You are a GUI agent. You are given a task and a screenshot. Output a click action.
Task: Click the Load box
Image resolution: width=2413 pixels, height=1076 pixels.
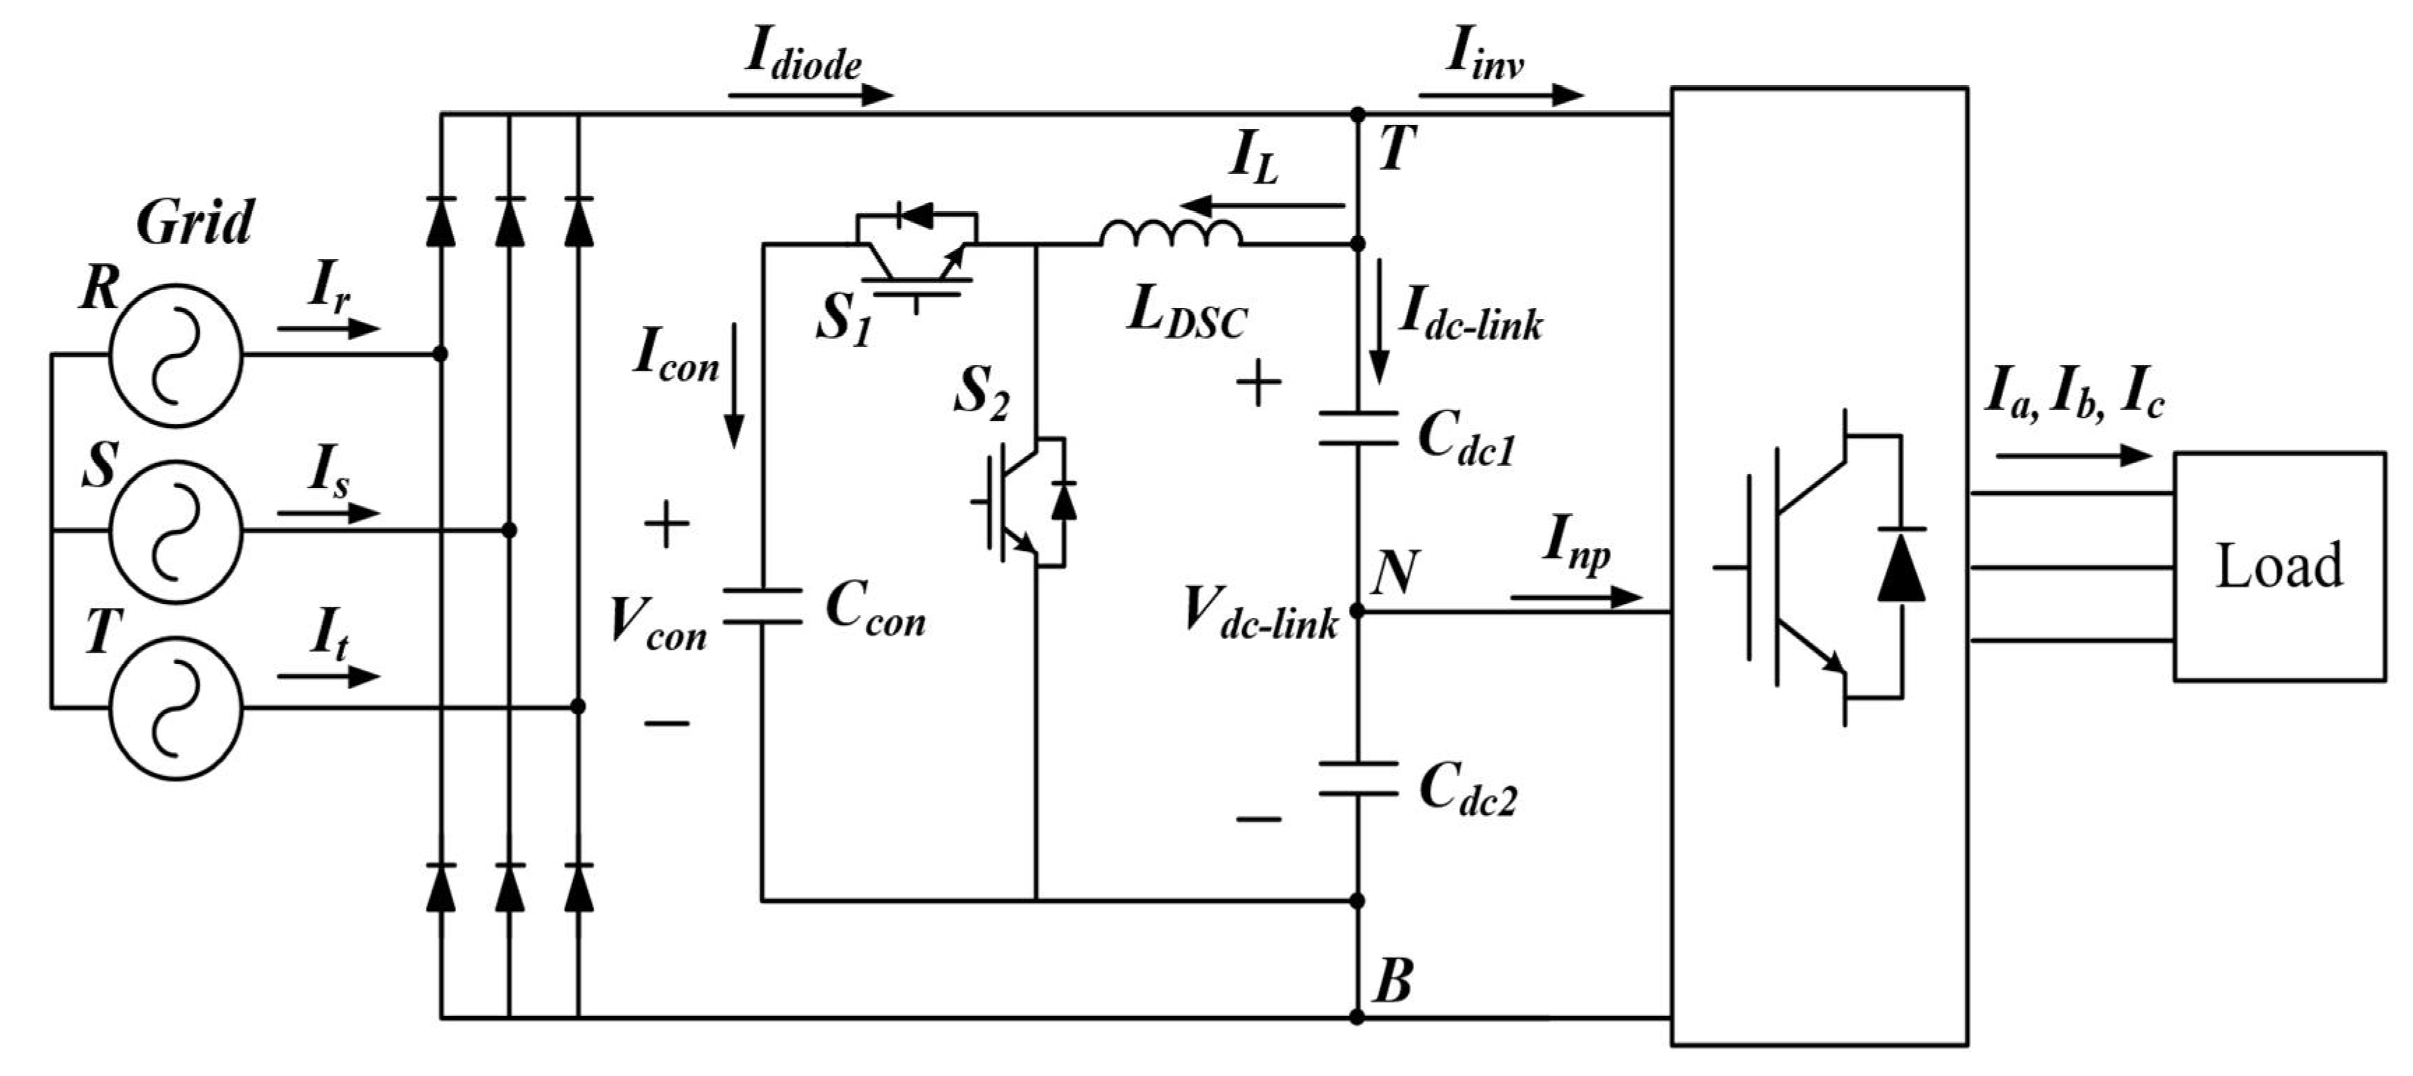pyautogui.click(x=2278, y=566)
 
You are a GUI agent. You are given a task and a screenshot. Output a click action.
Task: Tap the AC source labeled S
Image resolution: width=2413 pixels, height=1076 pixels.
pyautogui.click(x=175, y=531)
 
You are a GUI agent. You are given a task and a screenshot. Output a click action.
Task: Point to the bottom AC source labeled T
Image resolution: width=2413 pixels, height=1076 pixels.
pyautogui.click(x=175, y=707)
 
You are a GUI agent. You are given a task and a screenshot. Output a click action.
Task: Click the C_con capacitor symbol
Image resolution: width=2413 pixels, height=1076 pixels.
pyautogui.click(x=762, y=606)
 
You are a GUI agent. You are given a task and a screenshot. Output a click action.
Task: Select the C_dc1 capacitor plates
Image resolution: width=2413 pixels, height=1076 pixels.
pyautogui.click(x=1357, y=427)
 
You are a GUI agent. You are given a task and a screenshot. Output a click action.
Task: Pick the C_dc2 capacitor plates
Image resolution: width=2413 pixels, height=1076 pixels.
pyautogui.click(x=1357, y=779)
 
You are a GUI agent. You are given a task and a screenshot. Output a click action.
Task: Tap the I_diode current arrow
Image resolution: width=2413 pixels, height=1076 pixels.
pyautogui.click(x=810, y=94)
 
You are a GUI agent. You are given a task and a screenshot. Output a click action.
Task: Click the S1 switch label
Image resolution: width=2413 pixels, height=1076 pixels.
pyautogui.click(x=843, y=320)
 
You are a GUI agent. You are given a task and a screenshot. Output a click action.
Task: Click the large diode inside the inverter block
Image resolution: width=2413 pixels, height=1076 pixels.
pyautogui.click(x=1901, y=566)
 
